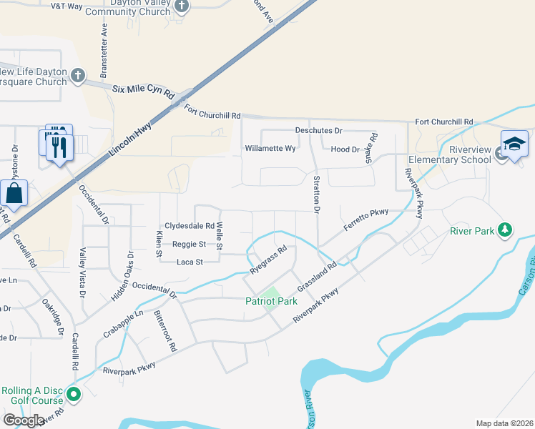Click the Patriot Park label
271,301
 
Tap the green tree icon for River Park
506,230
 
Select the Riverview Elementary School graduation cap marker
514,145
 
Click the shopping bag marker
14,194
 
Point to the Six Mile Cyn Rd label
144,91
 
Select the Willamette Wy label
270,149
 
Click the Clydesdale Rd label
190,225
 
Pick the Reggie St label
189,244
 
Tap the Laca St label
190,262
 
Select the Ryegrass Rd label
269,260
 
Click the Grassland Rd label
317,275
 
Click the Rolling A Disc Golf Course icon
73,394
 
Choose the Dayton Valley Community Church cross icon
182,7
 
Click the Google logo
24,420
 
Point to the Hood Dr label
345,149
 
